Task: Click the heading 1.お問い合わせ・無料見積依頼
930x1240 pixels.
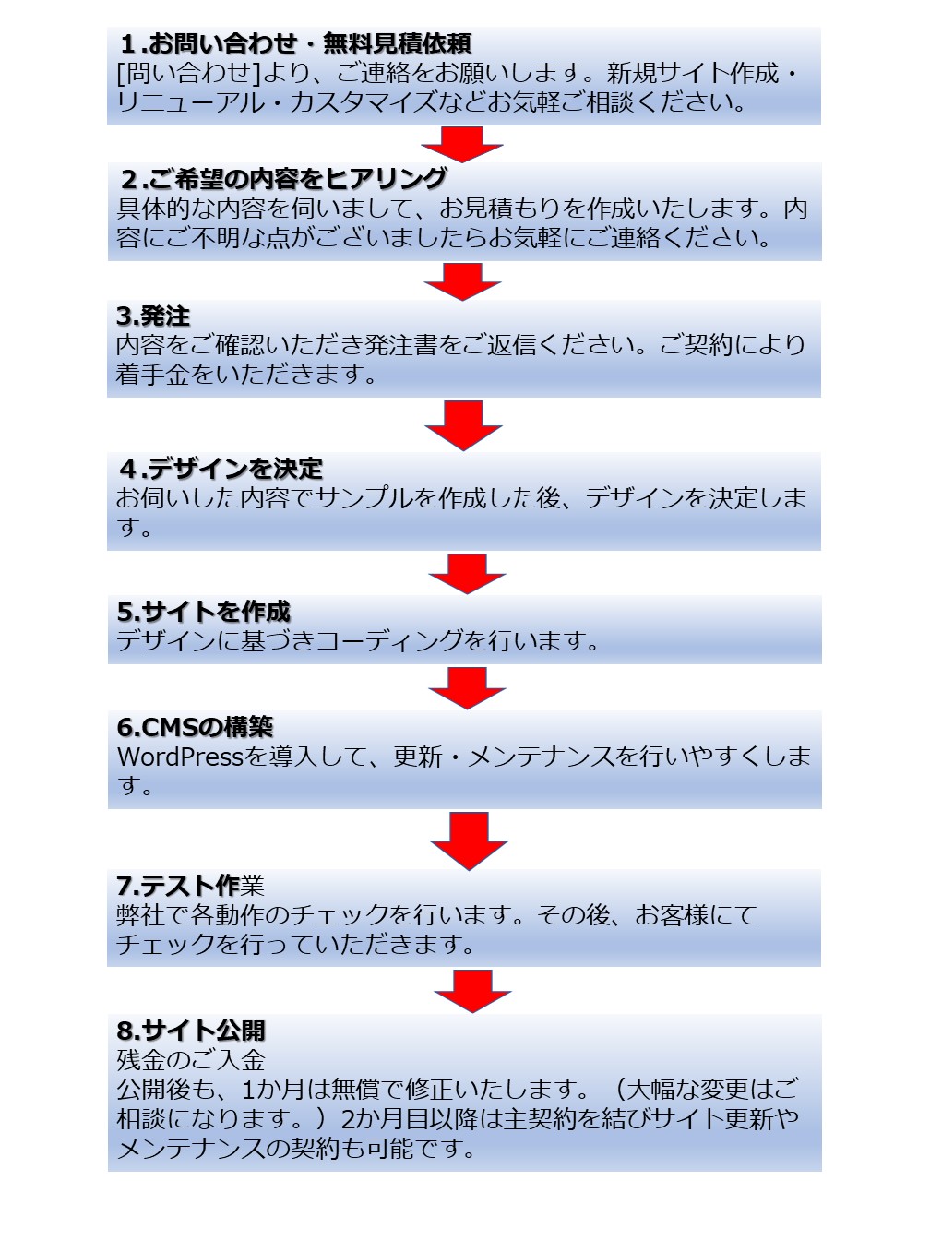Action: pyautogui.click(x=296, y=43)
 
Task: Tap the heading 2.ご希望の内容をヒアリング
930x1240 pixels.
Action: pyautogui.click(x=284, y=179)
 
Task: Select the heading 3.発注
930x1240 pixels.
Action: pyautogui.click(x=153, y=316)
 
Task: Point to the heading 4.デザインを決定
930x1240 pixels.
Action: pyautogui.click(x=221, y=469)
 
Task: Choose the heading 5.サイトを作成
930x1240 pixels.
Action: pyautogui.click(x=203, y=612)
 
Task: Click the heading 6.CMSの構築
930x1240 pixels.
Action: pyautogui.click(x=195, y=727)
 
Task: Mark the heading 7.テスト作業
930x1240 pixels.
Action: pyautogui.click(x=190, y=885)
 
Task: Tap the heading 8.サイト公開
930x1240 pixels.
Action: pyautogui.click(x=191, y=1031)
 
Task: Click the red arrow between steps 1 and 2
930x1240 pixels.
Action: pyautogui.click(x=462, y=145)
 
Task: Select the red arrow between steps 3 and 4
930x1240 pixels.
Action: pyautogui.click(x=463, y=425)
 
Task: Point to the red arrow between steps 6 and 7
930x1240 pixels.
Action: pyautogui.click(x=470, y=841)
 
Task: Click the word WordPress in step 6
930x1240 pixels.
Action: pyautogui.click(x=180, y=757)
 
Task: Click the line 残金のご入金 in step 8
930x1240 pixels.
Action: pyautogui.click(x=191, y=1060)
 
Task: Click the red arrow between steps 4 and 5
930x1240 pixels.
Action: pyautogui.click(x=467, y=573)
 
